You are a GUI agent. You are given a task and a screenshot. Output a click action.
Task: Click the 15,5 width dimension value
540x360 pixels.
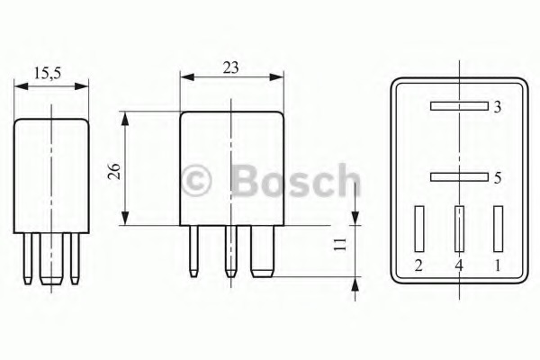click(x=47, y=74)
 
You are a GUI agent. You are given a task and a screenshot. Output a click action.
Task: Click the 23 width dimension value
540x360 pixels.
click(x=230, y=67)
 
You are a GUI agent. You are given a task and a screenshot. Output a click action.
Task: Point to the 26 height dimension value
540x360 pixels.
click(x=114, y=171)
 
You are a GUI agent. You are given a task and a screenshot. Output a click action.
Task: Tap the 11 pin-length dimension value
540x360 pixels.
click(x=340, y=244)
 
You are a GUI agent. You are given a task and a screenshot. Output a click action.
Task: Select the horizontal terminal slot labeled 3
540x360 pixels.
click(x=459, y=106)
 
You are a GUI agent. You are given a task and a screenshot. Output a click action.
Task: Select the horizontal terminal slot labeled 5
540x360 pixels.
click(x=459, y=177)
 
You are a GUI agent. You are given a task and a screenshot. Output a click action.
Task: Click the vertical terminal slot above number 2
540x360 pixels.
click(x=419, y=229)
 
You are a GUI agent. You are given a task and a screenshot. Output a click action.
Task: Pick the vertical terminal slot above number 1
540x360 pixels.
click(x=498, y=229)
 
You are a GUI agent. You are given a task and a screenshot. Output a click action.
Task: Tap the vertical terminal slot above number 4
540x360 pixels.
click(x=459, y=229)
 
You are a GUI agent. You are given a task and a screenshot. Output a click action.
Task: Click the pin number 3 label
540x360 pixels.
click(x=498, y=107)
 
